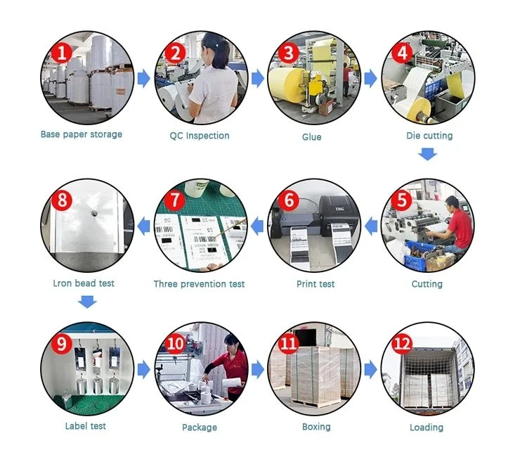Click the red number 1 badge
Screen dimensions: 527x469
61,53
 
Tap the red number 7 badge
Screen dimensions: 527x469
175,200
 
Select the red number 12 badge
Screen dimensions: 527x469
403,344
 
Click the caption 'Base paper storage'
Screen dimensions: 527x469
82,134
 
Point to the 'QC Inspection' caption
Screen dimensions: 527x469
200,136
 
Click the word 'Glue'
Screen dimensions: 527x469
311,137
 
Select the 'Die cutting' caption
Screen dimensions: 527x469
429,136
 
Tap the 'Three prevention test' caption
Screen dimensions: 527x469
199,284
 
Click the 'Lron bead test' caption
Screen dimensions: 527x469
84,283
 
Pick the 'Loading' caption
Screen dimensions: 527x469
427,428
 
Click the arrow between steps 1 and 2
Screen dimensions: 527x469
144,78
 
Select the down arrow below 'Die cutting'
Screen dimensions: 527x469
427,154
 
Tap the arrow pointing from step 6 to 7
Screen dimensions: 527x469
257,226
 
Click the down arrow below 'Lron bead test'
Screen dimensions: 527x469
87,302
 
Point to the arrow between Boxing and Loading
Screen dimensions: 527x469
371,369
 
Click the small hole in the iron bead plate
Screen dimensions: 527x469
94,212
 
